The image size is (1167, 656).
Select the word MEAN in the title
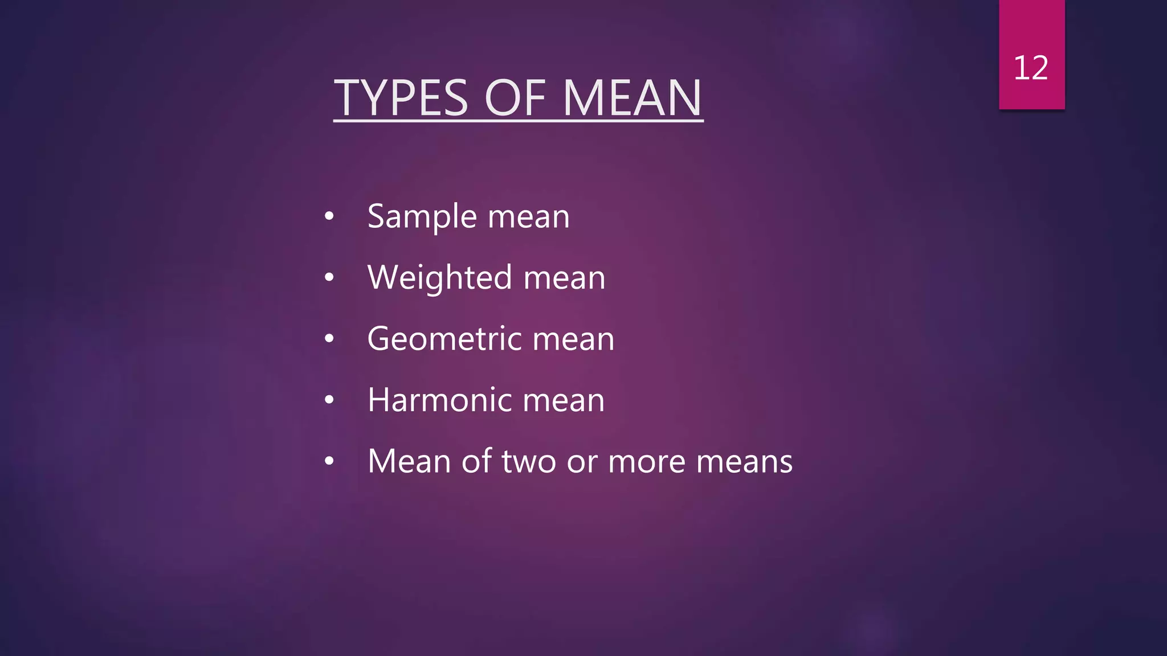coord(632,98)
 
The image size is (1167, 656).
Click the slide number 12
coord(1031,68)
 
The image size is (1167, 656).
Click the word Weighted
coord(440,278)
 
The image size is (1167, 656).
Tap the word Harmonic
coord(440,400)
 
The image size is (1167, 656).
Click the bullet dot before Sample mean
coord(329,217)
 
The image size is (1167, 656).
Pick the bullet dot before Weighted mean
coord(329,278)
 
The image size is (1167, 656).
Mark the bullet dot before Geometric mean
coord(329,339)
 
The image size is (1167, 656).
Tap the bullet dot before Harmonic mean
coord(329,400)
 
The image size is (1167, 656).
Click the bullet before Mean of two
coord(329,461)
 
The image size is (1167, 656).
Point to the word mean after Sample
coord(529,218)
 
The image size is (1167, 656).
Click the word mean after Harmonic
coord(564,400)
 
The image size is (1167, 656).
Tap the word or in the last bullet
coord(582,461)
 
